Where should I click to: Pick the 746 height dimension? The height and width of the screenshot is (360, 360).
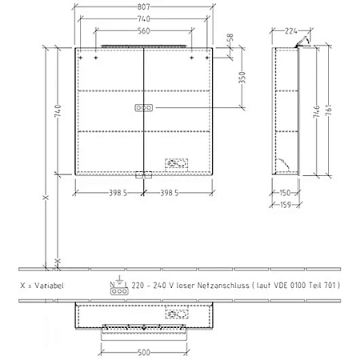(x=318, y=108)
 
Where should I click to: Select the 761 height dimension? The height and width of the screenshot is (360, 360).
(x=330, y=108)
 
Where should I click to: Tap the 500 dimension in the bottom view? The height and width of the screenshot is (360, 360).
(x=143, y=350)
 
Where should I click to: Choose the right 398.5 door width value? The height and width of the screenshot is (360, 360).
(x=178, y=193)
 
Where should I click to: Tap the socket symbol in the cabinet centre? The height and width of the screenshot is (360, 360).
(x=143, y=107)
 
